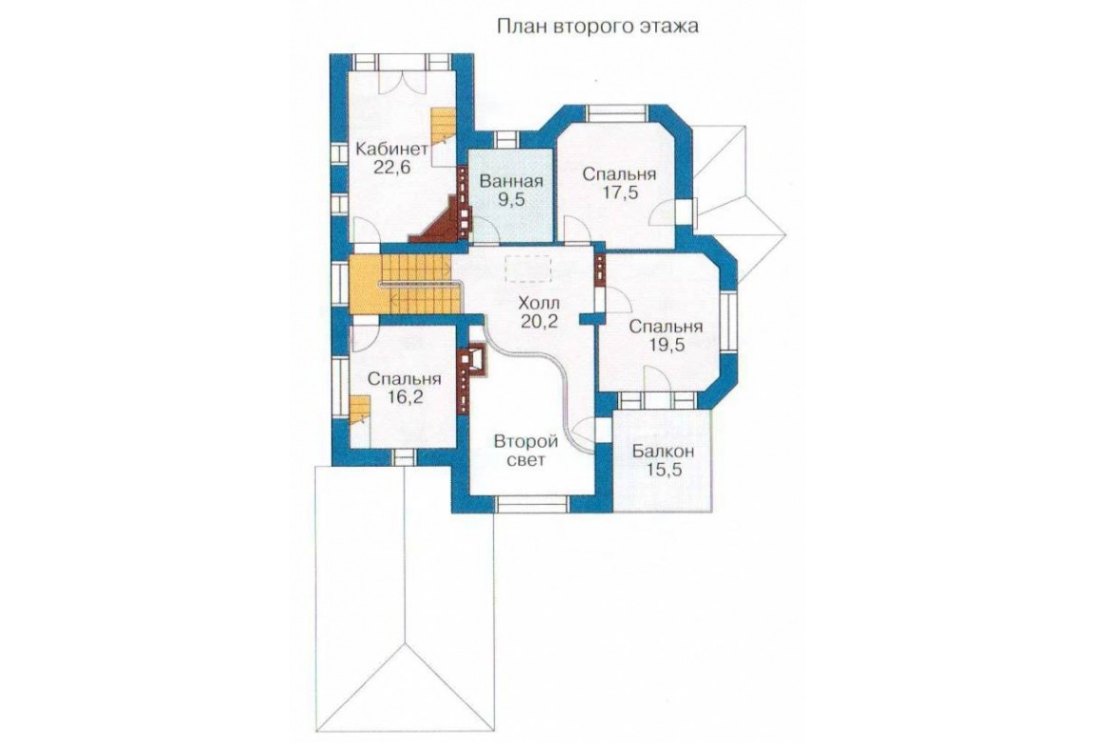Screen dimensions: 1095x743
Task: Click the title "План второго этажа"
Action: (x=597, y=27)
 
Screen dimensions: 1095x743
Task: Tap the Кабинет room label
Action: (x=391, y=149)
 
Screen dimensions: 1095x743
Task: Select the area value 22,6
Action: (x=391, y=169)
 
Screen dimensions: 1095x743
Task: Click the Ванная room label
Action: (x=511, y=182)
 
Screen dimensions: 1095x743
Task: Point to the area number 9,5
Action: (x=511, y=200)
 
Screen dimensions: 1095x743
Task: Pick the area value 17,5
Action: (x=620, y=193)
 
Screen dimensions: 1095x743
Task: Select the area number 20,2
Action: (x=539, y=321)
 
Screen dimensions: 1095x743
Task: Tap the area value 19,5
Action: (x=666, y=345)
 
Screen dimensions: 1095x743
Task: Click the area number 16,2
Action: (x=405, y=397)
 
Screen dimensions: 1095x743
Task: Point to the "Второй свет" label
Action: (x=526, y=452)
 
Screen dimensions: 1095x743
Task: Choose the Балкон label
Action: (x=664, y=452)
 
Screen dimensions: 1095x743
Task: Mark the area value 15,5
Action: (x=664, y=470)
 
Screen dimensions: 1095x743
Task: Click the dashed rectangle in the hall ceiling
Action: (x=528, y=269)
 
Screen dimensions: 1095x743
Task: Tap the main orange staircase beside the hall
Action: (x=405, y=284)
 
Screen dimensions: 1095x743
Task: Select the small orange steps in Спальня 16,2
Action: (x=359, y=410)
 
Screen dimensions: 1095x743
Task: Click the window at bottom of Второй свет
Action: (x=532, y=504)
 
